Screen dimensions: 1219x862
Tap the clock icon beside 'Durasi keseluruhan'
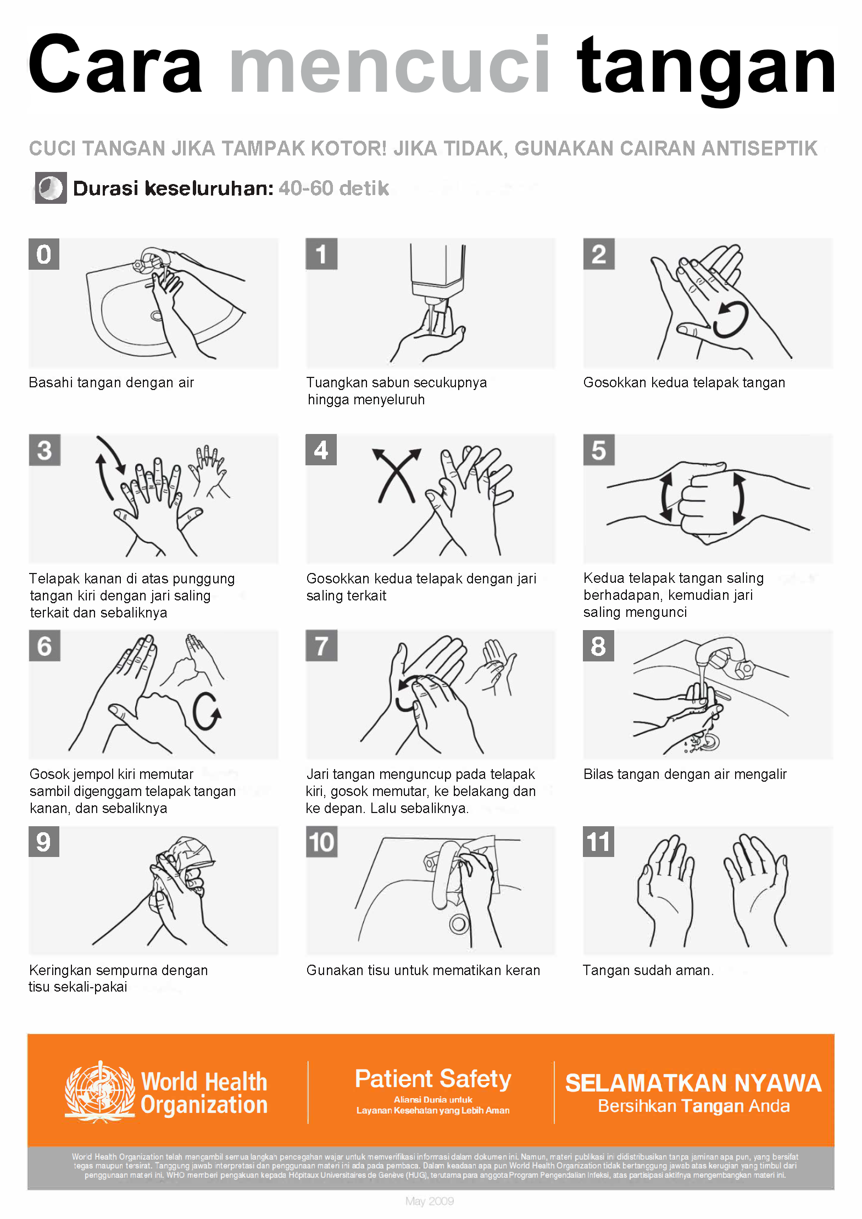51,188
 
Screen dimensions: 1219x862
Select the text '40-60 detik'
333,188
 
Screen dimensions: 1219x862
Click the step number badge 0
44,254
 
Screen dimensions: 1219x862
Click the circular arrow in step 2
731,320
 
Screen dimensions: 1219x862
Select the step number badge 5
598,450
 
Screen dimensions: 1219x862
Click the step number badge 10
321,842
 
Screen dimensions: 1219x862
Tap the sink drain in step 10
458,924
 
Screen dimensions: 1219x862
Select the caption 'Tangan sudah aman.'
648,970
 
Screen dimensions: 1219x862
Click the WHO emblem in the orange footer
99,1092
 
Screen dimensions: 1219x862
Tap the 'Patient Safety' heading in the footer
433,1079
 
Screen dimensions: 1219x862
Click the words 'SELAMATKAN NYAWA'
693,1083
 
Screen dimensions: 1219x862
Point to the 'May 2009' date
430,1201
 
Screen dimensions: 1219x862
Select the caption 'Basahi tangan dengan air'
112,382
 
